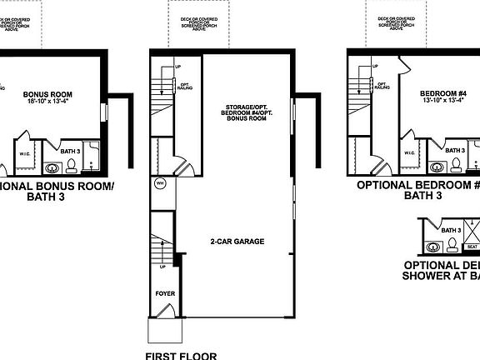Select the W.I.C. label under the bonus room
click(x=24, y=153)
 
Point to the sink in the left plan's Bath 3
click(x=50, y=164)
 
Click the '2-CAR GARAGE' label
click(x=237, y=242)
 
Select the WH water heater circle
click(x=159, y=182)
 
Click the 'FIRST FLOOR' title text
click(x=180, y=356)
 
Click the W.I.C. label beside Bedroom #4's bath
click(x=410, y=153)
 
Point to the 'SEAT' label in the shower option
click(x=472, y=247)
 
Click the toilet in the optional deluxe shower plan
click(x=452, y=244)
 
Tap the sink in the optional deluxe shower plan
click(x=432, y=247)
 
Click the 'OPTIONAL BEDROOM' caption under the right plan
click(x=417, y=184)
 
